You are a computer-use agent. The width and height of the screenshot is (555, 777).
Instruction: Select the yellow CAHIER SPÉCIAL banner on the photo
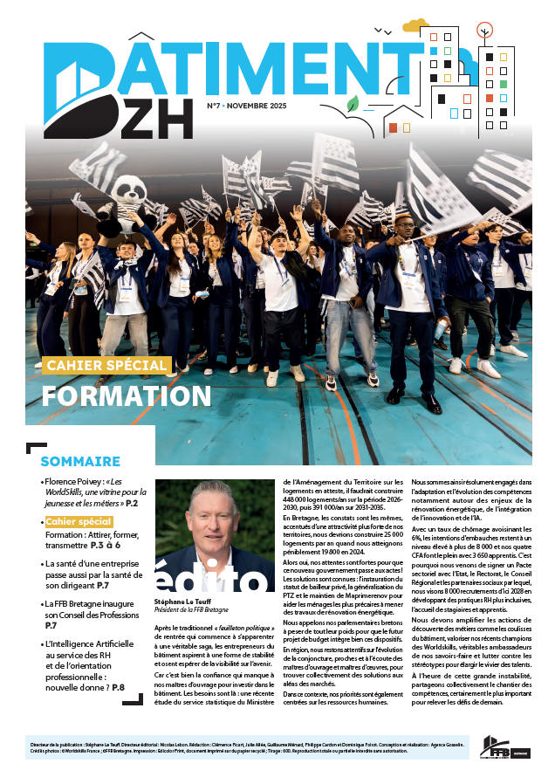click(106, 365)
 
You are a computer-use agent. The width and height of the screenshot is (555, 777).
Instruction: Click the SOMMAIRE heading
click(80, 461)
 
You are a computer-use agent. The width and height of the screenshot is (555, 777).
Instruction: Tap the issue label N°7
click(214, 105)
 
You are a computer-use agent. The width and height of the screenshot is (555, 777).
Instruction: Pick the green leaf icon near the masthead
click(353, 105)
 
